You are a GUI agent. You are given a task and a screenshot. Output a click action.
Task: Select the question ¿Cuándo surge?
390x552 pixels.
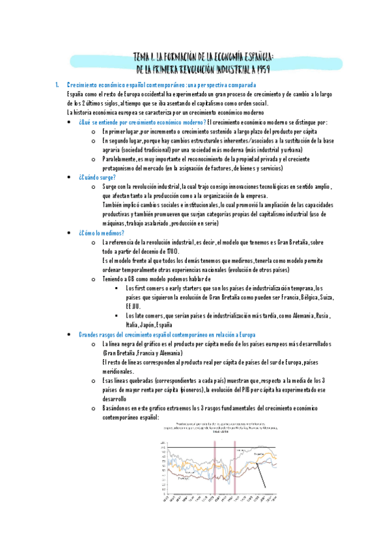[x=97, y=177]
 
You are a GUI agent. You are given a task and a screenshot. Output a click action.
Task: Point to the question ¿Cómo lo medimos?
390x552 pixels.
[x=101, y=232]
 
